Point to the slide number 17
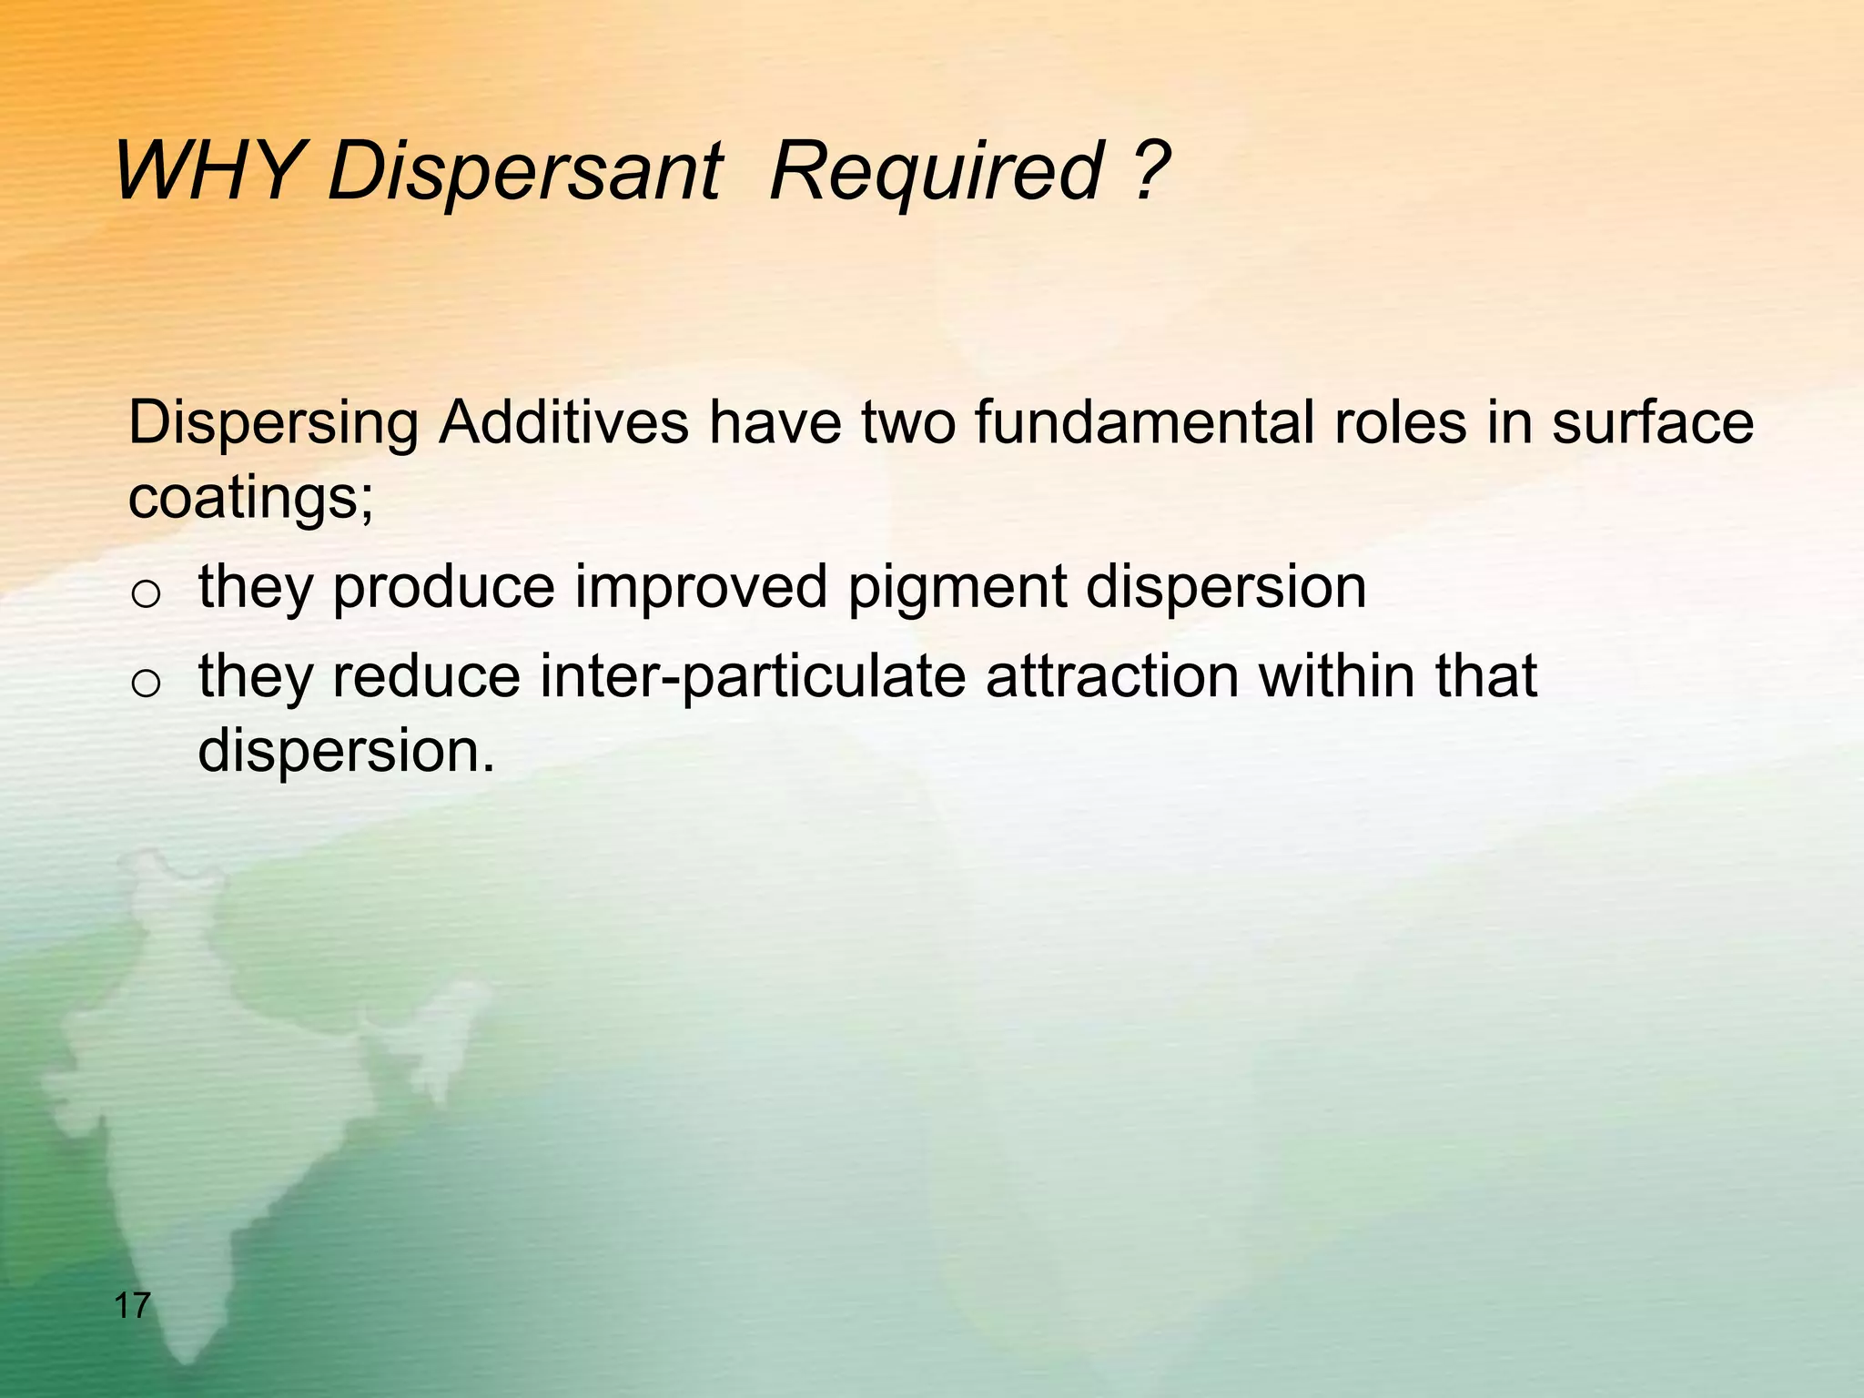tap(132, 1307)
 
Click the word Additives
tap(563, 423)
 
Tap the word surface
tap(1652, 423)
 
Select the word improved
tap(701, 588)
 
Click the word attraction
tap(1111, 676)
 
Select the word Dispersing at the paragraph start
tap(274, 425)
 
